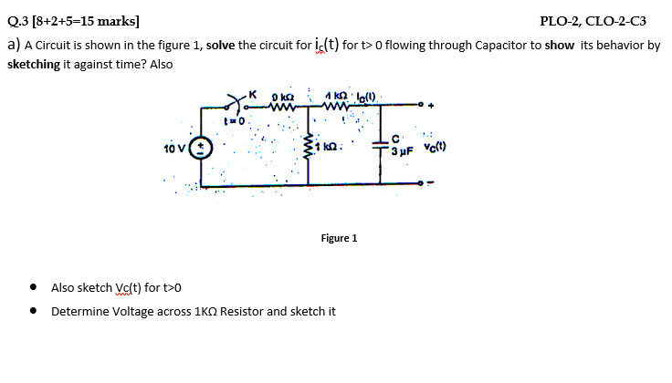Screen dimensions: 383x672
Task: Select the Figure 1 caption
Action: tap(339, 238)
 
